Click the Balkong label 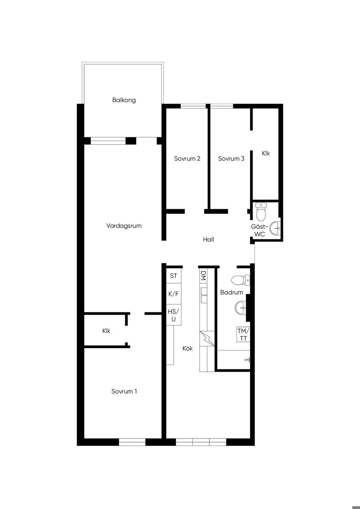(x=124, y=100)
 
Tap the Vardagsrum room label (x=124, y=226)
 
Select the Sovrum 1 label (x=124, y=391)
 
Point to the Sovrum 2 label (x=187, y=159)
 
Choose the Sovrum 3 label (x=231, y=159)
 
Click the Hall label (x=208, y=239)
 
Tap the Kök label (x=187, y=348)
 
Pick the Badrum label (x=232, y=292)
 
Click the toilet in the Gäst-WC (x=261, y=212)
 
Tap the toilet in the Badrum (x=241, y=280)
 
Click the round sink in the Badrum (x=240, y=308)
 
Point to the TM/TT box (x=243, y=334)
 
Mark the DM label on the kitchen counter (x=203, y=275)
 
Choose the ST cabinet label (x=173, y=276)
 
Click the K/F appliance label (x=173, y=294)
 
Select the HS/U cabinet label (x=173, y=315)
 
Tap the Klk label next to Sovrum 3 (x=266, y=154)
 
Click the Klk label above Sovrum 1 (x=106, y=331)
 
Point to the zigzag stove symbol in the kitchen (x=207, y=339)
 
